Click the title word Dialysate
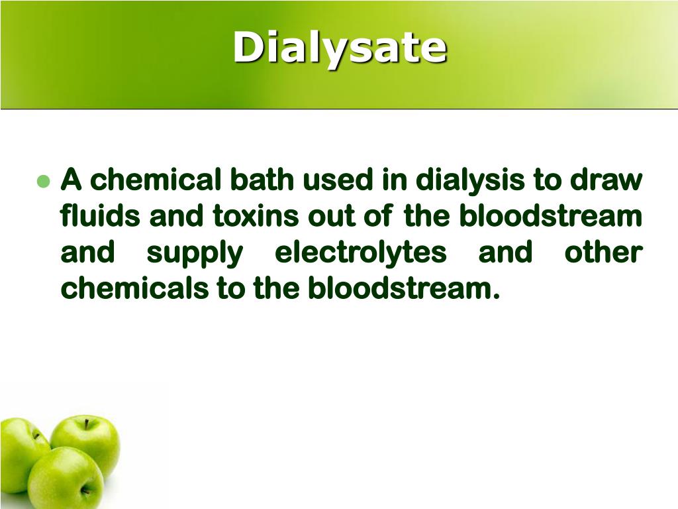click(340, 48)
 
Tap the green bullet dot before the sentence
click(44, 182)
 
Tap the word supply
click(194, 253)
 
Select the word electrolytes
click(360, 253)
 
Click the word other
click(603, 253)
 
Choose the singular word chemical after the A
click(156, 180)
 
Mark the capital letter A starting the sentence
click(71, 180)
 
